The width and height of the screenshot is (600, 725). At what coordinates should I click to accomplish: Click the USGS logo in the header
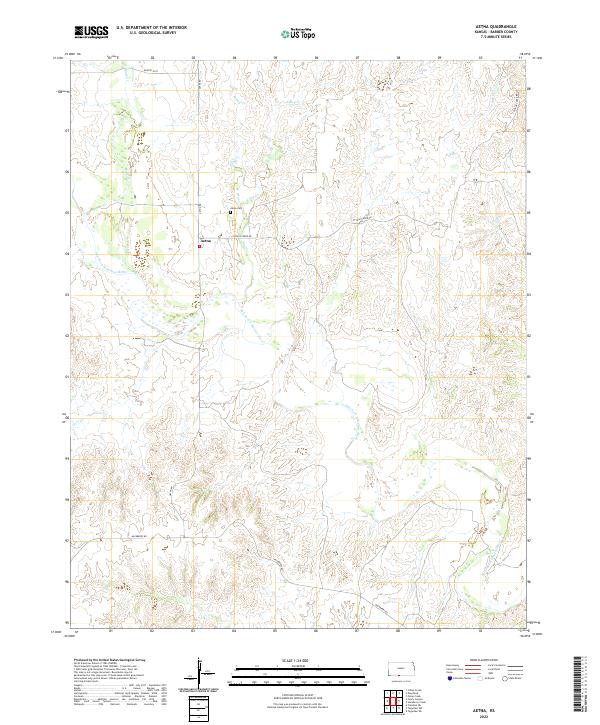tap(92, 31)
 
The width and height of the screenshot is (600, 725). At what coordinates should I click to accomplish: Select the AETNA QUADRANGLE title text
tap(507, 28)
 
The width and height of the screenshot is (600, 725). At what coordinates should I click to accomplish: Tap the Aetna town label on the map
tap(207, 240)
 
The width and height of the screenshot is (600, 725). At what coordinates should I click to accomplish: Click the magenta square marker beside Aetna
tap(199, 249)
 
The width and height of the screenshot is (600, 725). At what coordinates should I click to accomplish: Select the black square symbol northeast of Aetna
tap(231, 212)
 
